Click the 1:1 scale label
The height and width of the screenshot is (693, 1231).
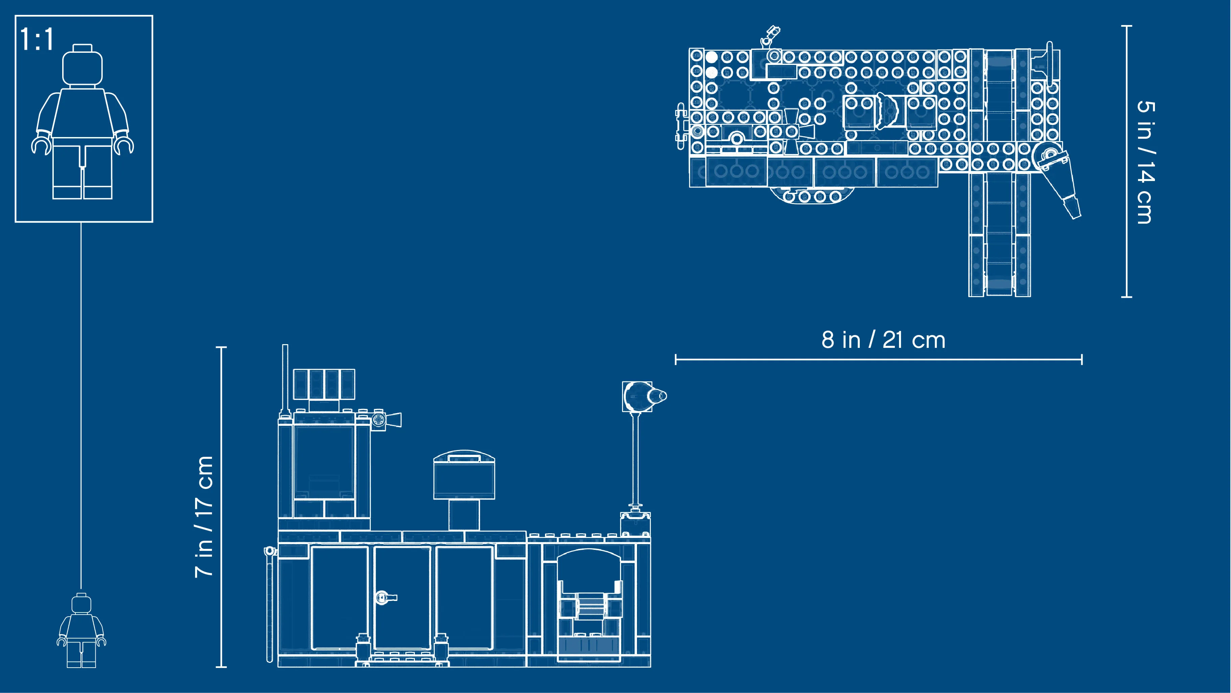(x=37, y=39)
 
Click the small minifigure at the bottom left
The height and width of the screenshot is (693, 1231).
(x=81, y=630)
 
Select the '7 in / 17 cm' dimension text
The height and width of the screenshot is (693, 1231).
(x=204, y=516)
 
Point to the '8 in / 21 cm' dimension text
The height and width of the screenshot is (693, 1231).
(x=883, y=340)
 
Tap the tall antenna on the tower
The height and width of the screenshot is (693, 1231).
(x=285, y=381)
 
